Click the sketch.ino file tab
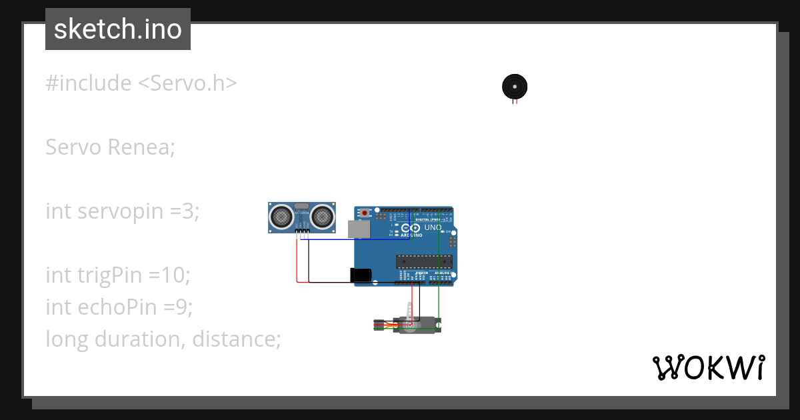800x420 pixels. [118, 29]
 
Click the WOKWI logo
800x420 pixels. [708, 367]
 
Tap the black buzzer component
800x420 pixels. [514, 87]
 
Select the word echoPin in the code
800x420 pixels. [115, 307]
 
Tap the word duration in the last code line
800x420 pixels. [139, 339]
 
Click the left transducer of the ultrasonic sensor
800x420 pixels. [281, 216]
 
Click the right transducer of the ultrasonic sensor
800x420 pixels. [322, 216]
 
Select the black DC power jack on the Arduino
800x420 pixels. [361, 275]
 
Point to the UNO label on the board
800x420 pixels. [433, 227]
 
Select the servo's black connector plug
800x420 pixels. [379, 325]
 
